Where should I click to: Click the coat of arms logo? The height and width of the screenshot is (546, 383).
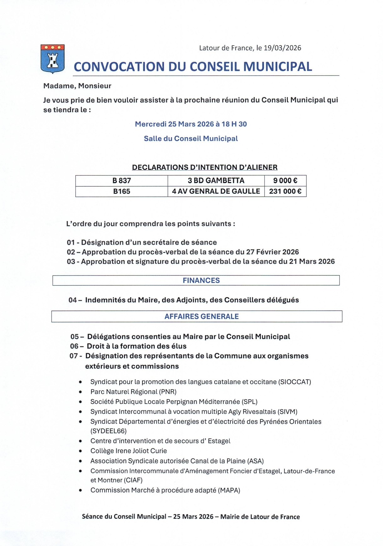tap(52, 59)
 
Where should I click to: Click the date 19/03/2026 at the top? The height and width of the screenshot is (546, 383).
tap(282, 48)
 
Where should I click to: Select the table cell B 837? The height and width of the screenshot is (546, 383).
tap(121, 181)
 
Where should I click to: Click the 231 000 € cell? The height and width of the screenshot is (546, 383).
tap(285, 191)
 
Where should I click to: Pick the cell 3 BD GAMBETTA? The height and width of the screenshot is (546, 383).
tap(216, 181)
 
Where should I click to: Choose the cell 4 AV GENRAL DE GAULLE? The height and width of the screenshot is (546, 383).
tap(216, 191)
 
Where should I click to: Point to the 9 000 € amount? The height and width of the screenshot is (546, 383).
tap(285, 181)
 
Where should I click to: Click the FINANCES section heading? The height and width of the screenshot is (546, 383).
tap(201, 281)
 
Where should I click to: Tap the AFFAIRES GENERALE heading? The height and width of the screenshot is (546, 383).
tap(202, 317)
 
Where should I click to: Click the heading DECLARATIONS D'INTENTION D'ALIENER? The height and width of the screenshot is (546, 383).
tap(205, 167)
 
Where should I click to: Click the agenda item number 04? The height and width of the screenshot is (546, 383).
tap(73, 300)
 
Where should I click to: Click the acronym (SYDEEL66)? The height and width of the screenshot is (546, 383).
tap(108, 431)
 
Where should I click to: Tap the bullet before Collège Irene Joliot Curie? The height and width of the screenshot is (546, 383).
tap(80, 451)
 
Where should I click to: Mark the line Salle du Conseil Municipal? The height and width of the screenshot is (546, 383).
tap(191, 139)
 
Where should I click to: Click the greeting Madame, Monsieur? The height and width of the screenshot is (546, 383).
tap(77, 86)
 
